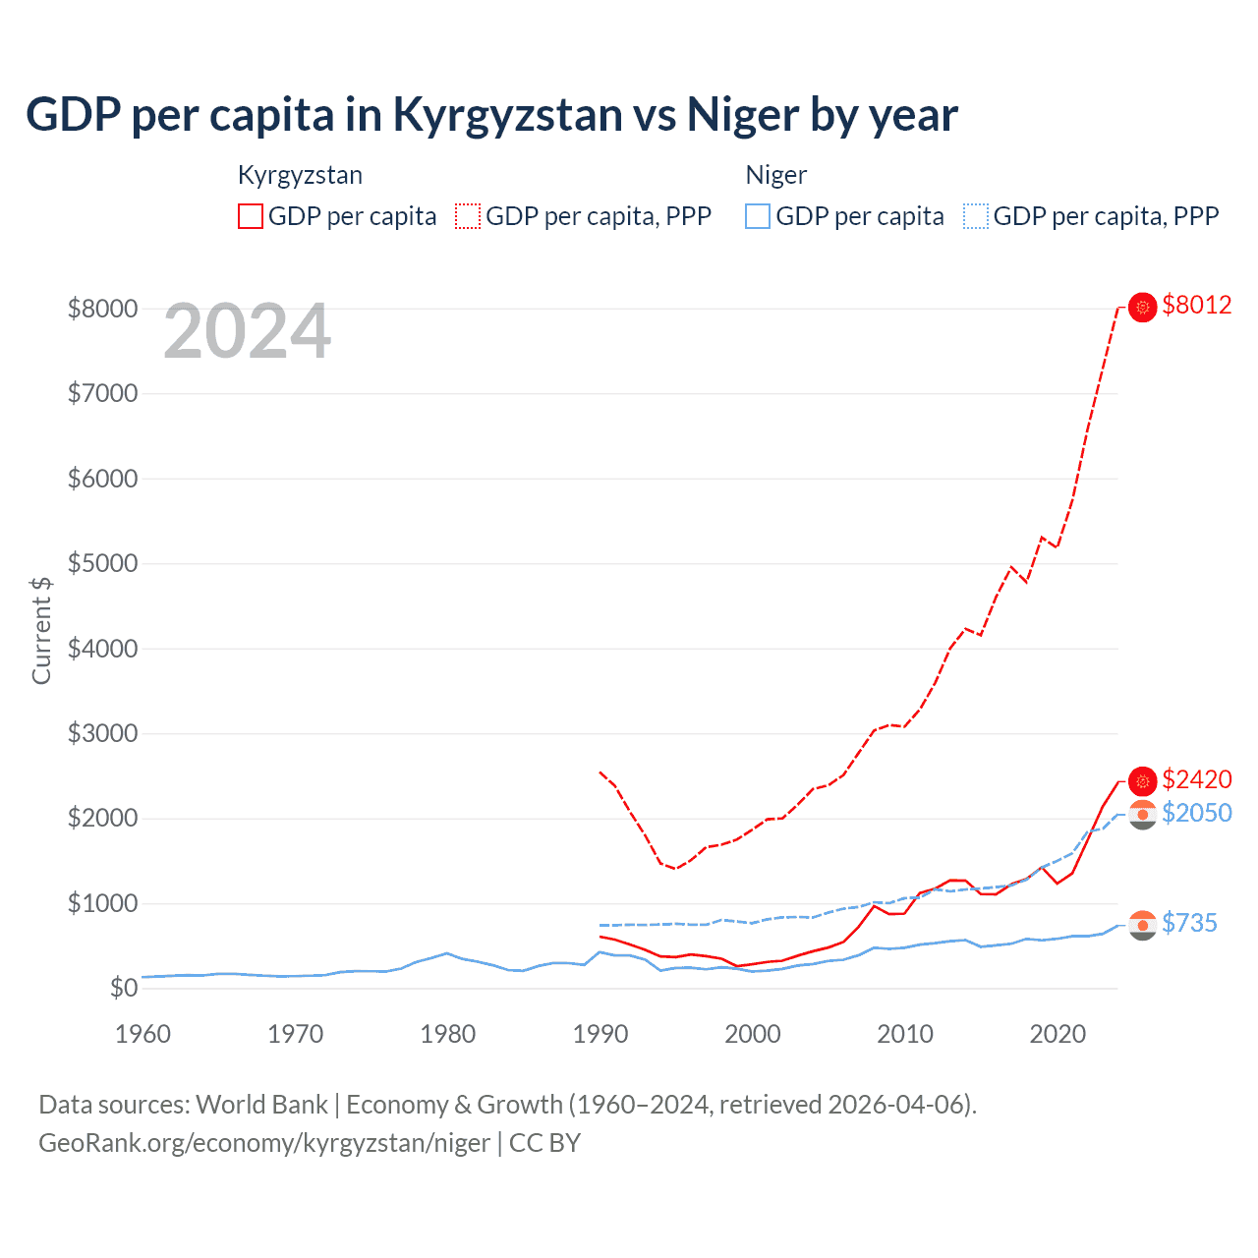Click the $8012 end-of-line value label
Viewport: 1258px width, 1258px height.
(x=1196, y=306)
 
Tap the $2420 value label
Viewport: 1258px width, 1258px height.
(x=1196, y=780)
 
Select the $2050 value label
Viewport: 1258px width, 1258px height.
(x=1196, y=814)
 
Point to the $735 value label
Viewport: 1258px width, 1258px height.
(x=1189, y=924)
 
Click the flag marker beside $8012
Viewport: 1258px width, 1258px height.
(x=1142, y=308)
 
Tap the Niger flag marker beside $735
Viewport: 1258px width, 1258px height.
(x=1142, y=925)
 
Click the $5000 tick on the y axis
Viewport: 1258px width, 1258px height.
(x=102, y=564)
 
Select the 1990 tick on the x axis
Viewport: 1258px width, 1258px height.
(x=600, y=1034)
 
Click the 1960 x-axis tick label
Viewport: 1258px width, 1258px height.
(x=143, y=1034)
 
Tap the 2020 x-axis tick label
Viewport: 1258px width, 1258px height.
(x=1058, y=1034)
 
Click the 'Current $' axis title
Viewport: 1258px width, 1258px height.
(x=41, y=630)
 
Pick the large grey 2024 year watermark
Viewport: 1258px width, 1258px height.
(x=247, y=332)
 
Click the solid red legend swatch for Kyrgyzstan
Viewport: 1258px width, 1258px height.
(x=251, y=216)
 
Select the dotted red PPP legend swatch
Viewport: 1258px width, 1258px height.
(x=468, y=216)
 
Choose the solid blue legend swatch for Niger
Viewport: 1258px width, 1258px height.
(x=758, y=216)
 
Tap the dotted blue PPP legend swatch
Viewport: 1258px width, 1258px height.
(x=976, y=216)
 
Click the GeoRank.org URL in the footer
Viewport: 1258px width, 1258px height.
(x=264, y=1143)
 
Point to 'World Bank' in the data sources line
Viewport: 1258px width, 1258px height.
(x=262, y=1105)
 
